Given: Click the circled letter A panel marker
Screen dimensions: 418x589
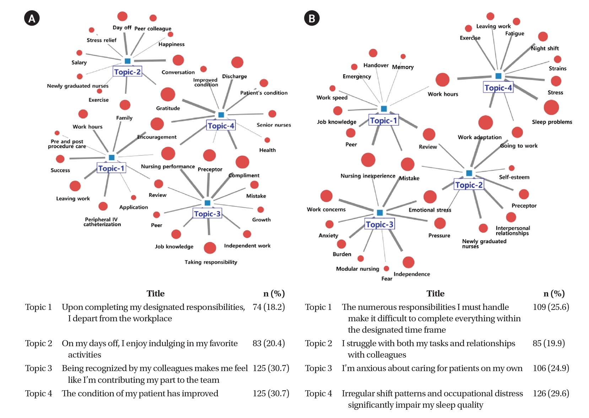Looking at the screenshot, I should click(32, 18).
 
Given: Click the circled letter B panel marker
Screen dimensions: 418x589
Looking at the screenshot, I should click(312, 18).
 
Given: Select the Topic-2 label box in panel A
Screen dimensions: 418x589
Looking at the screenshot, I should click(127, 72).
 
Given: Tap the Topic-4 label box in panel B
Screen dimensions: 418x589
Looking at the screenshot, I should click(498, 88).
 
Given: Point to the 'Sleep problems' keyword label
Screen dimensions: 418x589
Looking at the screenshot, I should click(552, 122).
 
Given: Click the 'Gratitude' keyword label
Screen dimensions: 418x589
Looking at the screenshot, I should click(168, 108).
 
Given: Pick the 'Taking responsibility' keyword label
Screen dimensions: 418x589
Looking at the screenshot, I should click(211, 262).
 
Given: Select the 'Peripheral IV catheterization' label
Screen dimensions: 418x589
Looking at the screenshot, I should click(102, 222).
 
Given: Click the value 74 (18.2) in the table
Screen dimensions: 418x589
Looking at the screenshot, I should click(269, 307).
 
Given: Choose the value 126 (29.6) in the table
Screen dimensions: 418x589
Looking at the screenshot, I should click(551, 393).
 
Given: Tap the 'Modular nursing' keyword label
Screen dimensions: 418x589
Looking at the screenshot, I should click(357, 269).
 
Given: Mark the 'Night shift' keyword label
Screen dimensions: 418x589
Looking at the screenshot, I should click(545, 48).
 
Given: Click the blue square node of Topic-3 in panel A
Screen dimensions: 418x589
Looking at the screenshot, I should click(207, 203).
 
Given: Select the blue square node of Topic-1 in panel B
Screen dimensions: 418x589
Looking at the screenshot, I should click(384, 109).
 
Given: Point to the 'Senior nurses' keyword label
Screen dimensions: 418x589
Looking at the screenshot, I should click(274, 125).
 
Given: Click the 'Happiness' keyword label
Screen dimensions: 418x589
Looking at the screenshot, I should click(171, 44).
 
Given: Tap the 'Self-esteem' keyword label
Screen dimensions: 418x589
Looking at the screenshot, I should click(514, 177).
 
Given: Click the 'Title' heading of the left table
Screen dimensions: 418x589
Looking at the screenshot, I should click(156, 294).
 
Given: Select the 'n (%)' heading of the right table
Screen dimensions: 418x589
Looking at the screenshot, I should click(554, 294).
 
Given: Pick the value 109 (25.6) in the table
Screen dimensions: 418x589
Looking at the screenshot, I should click(551, 307).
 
